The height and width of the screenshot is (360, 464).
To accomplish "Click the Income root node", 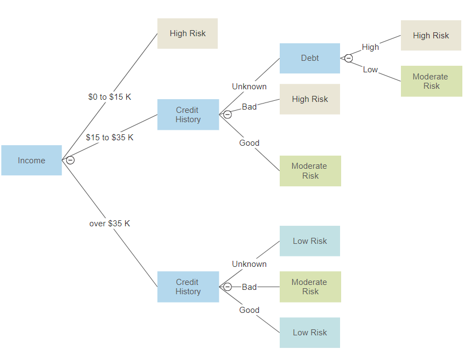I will point(31,161).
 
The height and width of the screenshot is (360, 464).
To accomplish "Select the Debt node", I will point(310,58).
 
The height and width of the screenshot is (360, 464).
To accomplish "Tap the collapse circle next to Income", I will point(70,160).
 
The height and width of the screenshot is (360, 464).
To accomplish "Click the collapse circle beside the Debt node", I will point(348,58).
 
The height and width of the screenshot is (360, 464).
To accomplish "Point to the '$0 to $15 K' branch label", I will point(110,97).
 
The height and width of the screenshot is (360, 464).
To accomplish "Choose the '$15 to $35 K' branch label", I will point(110,138).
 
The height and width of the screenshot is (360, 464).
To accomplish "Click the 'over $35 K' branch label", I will point(110,224).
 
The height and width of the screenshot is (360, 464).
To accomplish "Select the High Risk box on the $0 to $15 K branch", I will point(188,33).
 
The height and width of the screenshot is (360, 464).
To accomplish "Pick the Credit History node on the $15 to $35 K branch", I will point(188,115).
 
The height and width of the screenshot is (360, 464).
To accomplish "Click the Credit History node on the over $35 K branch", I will point(188,287).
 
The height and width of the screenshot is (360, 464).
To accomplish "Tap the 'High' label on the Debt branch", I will point(370,47).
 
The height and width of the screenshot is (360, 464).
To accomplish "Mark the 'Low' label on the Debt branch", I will point(370,70).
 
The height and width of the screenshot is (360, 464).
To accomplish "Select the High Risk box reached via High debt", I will point(431,36).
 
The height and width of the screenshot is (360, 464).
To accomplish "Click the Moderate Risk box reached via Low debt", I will point(431,81).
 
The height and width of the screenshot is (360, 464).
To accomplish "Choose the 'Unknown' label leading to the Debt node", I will point(249,87).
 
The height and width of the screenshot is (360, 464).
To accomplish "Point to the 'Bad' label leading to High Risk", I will point(249,107).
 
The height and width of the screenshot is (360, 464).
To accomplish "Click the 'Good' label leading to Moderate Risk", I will point(249,143).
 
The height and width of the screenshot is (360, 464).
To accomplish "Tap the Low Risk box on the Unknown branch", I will point(310,241).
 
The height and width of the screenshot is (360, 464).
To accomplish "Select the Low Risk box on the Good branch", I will point(310,333).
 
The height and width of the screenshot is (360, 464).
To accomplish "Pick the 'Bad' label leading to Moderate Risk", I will point(249,287).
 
